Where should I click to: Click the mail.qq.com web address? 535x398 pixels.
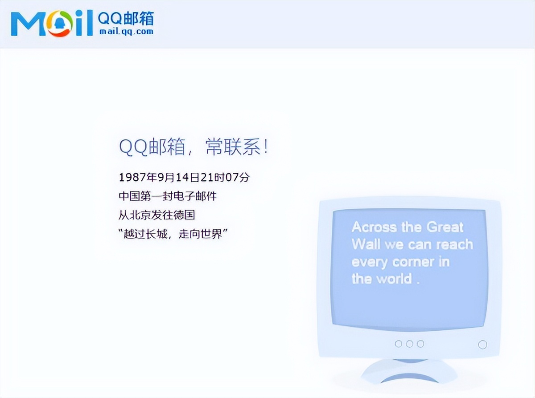(126, 32)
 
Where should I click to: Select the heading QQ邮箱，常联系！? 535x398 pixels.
(193, 147)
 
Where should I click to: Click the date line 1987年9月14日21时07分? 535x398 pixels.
(184, 177)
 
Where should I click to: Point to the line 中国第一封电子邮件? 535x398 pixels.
(168, 196)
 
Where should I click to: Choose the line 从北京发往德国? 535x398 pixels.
(156, 215)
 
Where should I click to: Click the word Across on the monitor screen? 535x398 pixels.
(374, 227)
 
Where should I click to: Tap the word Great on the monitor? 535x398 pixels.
(445, 227)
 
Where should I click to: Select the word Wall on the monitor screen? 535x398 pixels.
(366, 244)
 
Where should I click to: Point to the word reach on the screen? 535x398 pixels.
(454, 244)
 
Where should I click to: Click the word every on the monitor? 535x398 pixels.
(370, 262)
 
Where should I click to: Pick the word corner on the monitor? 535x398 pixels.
(412, 262)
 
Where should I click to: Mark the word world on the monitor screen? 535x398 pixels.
(393, 279)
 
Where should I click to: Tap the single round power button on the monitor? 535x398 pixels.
(482, 345)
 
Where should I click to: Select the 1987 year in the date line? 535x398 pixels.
(132, 177)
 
